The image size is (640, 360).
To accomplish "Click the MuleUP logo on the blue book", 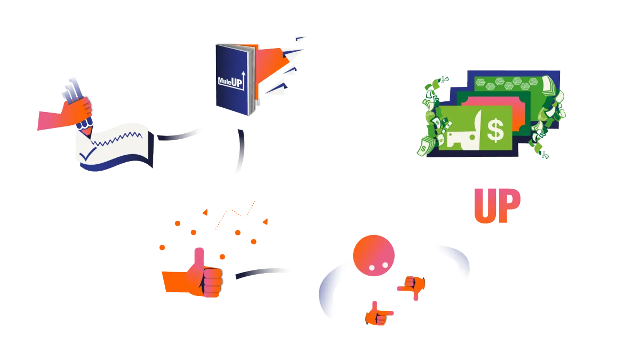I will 230,80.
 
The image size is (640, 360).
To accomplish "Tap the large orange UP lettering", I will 497,206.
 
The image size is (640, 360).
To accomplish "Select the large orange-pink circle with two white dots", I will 374,255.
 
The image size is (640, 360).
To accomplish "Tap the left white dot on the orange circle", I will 372,266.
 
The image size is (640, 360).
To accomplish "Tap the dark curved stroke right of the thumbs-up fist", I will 256,273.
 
